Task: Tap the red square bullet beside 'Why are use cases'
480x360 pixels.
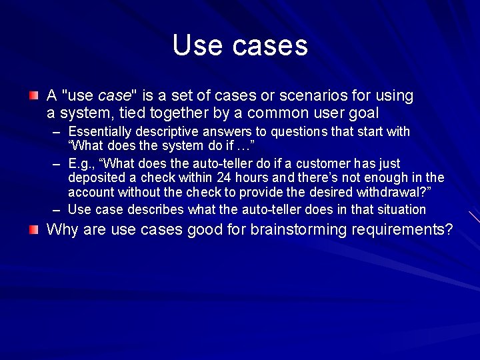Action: tap(33, 230)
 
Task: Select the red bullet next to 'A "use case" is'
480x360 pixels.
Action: tap(33, 96)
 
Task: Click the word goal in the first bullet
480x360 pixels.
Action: tap(363, 113)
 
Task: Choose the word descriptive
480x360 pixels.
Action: tap(165, 131)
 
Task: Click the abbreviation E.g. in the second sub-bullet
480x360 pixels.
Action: tap(81, 163)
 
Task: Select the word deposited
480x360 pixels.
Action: tap(95, 178)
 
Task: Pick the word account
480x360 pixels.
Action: tap(91, 193)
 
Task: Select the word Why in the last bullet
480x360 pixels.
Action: tap(62, 230)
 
